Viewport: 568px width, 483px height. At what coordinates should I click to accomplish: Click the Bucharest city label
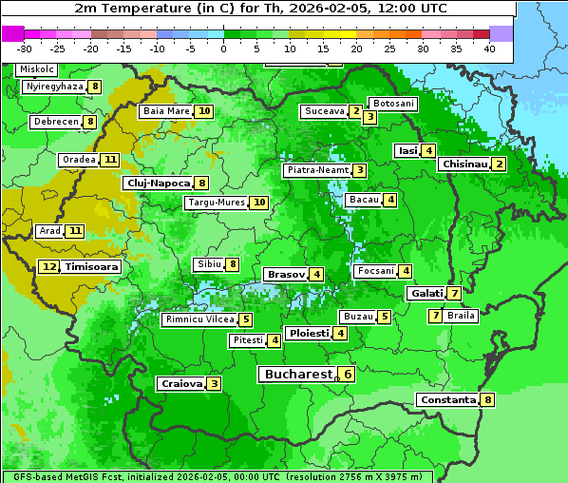point(298,375)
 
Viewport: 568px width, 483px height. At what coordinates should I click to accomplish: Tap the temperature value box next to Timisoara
point(49,267)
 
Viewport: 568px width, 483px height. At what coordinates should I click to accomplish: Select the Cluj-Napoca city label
point(158,183)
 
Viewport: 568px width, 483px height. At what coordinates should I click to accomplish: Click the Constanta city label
point(447,399)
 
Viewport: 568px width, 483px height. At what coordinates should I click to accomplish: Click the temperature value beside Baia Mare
point(204,111)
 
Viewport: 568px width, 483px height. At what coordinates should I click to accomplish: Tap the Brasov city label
point(286,274)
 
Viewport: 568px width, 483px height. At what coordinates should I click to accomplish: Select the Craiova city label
point(181,383)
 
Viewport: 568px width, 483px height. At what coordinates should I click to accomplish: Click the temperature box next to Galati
point(455,293)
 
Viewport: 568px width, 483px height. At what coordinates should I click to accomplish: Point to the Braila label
point(461,316)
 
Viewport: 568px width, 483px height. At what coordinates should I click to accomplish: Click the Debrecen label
point(55,122)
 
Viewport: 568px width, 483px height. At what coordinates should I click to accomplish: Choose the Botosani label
point(393,103)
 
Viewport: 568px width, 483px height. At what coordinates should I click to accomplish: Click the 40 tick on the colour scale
point(489,48)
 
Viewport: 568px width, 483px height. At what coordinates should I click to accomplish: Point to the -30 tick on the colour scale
point(25,48)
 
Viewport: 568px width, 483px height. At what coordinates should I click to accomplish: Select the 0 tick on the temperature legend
point(224,48)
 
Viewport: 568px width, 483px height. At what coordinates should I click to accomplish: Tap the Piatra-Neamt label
point(317,170)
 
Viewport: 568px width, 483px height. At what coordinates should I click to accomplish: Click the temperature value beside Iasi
point(429,150)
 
